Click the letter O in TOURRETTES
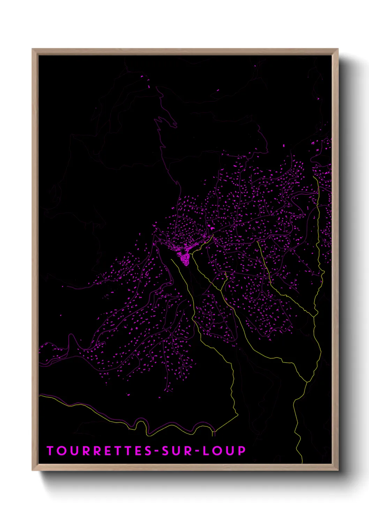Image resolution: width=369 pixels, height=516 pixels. [x=61, y=451]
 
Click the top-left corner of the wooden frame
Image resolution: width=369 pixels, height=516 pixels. [x=32, y=50]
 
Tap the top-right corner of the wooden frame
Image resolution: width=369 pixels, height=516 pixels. [x=338, y=50]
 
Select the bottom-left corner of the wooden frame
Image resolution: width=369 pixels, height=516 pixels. [x=32, y=470]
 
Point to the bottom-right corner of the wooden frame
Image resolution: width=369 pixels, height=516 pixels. [x=338, y=470]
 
